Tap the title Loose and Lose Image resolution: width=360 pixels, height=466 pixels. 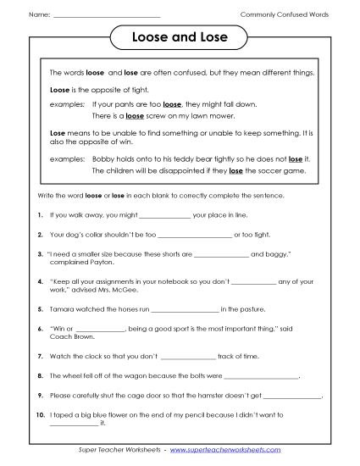(180, 39)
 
